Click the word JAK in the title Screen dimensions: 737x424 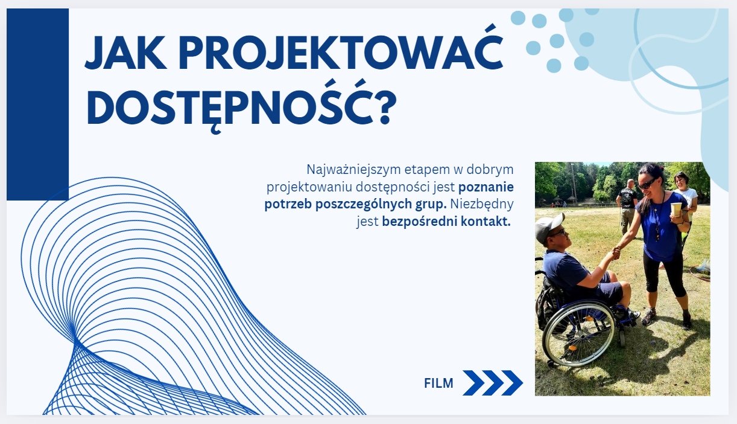point(125,53)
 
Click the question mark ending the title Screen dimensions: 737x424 point(386,107)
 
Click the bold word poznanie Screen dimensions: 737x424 point(486,187)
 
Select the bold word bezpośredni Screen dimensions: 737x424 point(420,222)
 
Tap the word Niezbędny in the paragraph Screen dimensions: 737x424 point(482,204)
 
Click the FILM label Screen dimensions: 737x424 point(438,383)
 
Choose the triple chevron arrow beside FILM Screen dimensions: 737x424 point(493,383)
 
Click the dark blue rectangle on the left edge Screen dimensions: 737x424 point(37,104)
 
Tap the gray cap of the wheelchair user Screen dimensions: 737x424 point(548,226)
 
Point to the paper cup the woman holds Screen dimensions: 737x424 point(676,210)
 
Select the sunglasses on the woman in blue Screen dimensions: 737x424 point(647,184)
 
